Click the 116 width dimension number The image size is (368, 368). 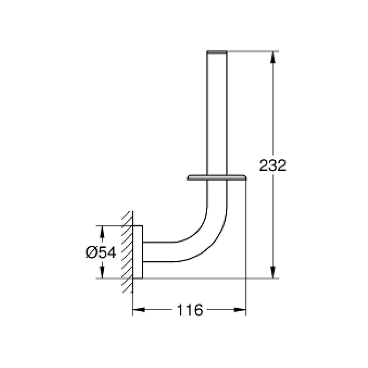189,310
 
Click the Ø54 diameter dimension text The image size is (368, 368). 101,252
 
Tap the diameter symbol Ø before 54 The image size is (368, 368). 91,252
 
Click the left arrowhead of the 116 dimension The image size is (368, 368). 139,309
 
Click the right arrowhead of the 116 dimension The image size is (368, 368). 240,309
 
